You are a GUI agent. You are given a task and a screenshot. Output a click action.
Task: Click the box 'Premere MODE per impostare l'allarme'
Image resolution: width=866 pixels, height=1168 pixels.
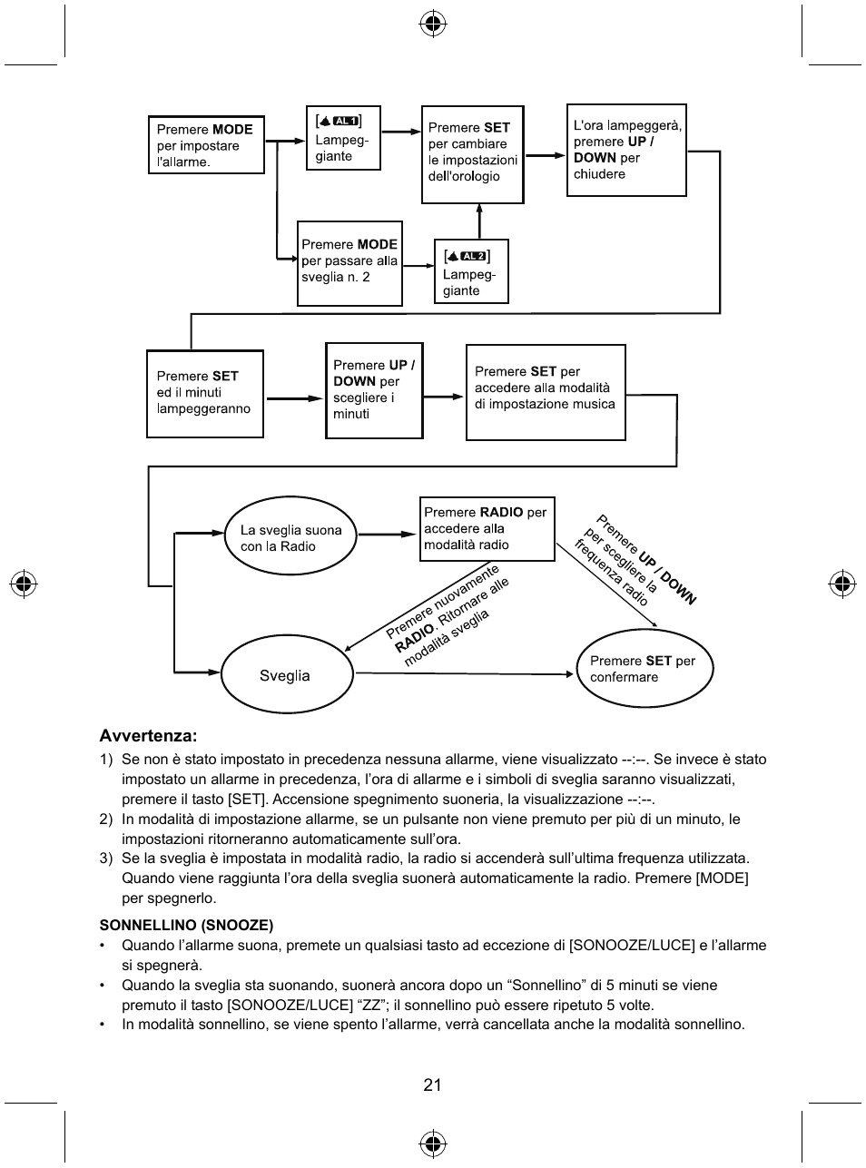point(206,145)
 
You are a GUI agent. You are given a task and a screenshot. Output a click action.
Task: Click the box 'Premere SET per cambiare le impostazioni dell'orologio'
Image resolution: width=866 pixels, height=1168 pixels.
point(472,154)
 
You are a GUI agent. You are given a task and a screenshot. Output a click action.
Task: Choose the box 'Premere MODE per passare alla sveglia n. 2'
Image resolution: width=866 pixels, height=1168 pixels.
point(349,263)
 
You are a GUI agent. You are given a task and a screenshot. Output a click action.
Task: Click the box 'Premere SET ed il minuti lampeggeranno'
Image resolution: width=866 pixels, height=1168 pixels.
point(205,394)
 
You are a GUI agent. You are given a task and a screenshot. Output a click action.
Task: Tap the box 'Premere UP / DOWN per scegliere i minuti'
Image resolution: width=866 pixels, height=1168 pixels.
point(374,390)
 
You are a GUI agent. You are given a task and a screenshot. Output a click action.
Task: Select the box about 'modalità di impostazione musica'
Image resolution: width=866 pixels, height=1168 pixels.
point(546,392)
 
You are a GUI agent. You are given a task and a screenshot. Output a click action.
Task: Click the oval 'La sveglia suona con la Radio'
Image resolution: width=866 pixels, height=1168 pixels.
point(290,538)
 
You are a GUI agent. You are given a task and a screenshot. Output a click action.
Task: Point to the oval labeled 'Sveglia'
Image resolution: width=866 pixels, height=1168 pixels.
point(285,675)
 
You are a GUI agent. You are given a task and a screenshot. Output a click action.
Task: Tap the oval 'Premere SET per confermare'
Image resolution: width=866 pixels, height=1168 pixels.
point(645,669)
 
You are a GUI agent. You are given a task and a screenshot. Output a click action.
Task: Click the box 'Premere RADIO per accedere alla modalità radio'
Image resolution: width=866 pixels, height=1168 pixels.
point(487,529)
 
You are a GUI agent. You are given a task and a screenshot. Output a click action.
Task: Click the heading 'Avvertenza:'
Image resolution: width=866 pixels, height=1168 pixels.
point(148,735)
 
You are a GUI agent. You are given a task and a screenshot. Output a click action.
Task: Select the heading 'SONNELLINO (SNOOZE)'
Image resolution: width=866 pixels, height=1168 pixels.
point(186,925)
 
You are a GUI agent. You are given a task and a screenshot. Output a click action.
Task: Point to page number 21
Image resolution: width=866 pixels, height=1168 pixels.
point(432,1085)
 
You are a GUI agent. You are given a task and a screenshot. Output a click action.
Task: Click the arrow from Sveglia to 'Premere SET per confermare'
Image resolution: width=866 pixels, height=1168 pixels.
point(463,673)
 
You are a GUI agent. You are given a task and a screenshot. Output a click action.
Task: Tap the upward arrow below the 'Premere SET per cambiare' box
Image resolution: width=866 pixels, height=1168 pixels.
point(478,221)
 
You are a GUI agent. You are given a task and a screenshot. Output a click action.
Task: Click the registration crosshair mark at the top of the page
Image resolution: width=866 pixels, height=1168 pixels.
point(433,25)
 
